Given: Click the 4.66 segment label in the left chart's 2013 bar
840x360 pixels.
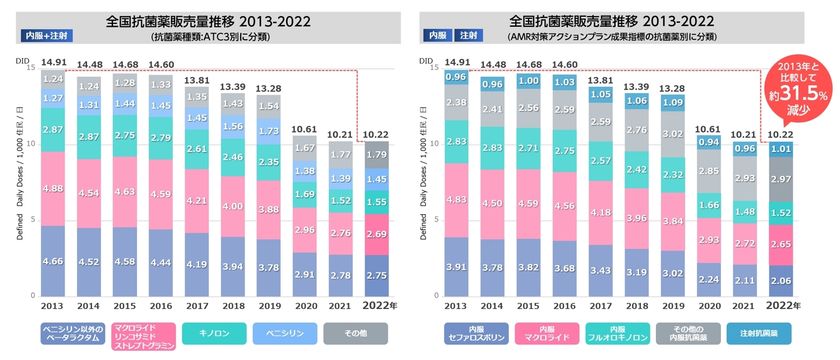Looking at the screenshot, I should (x=53, y=260).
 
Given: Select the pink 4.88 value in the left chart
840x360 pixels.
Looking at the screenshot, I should (x=53, y=188).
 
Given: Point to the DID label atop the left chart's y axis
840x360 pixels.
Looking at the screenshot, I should (x=23, y=62).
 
